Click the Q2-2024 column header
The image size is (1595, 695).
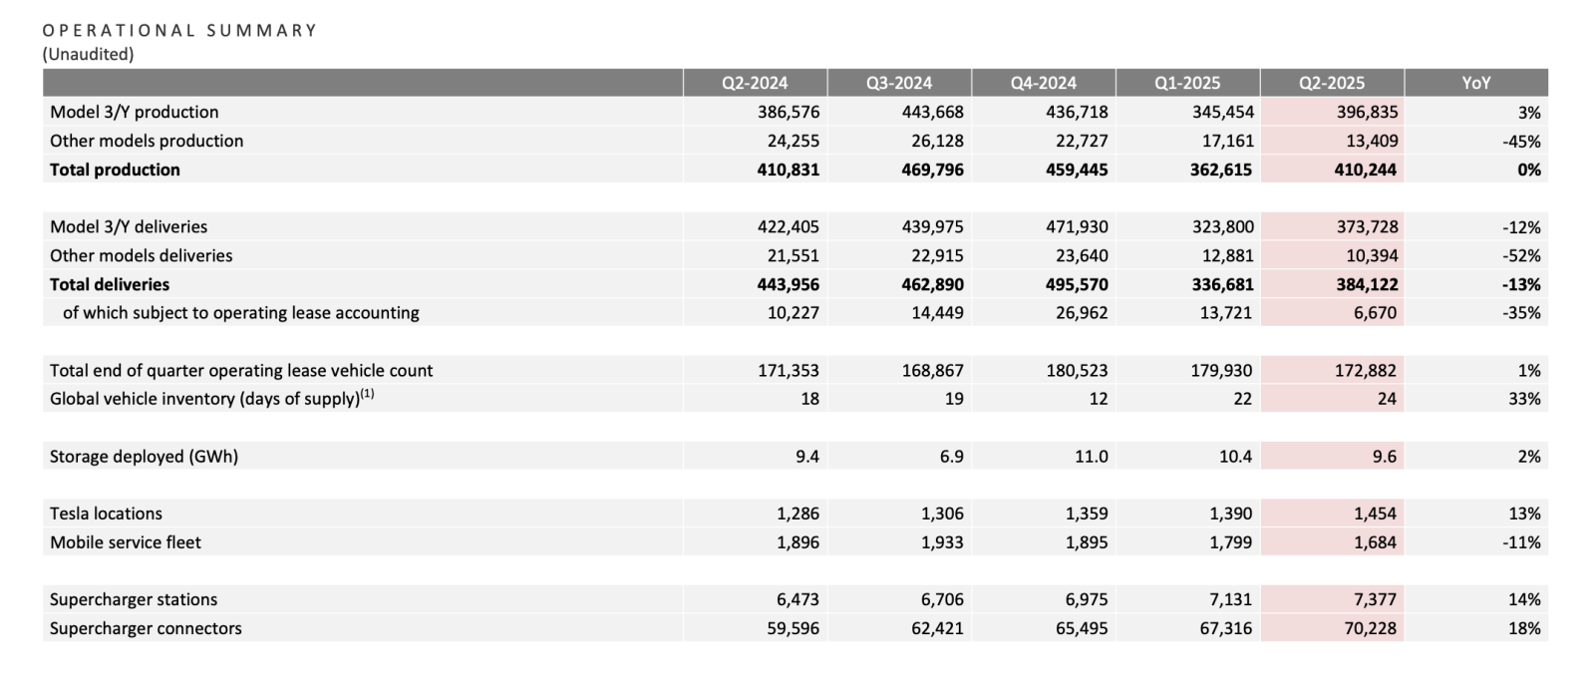(x=755, y=83)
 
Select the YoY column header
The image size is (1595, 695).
(x=1476, y=83)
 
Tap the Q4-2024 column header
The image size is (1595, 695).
(x=1043, y=83)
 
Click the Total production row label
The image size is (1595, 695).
(x=115, y=170)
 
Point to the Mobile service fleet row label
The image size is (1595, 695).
(x=126, y=541)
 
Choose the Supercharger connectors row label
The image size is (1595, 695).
(x=146, y=628)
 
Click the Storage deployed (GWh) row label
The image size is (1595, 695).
(x=144, y=456)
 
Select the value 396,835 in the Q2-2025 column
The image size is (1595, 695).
(x=1367, y=112)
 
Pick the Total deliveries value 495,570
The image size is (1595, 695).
(x=1077, y=284)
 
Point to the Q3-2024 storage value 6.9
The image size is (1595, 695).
(x=951, y=456)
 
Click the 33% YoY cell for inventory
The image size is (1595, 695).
(x=1524, y=399)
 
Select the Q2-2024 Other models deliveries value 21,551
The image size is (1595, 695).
(x=794, y=255)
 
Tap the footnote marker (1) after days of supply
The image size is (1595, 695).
(x=367, y=393)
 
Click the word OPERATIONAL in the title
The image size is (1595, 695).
(x=119, y=31)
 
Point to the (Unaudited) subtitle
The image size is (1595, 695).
(x=89, y=54)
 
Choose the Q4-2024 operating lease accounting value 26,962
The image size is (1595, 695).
(x=1082, y=313)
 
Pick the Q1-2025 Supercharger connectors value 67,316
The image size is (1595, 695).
(x=1225, y=628)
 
